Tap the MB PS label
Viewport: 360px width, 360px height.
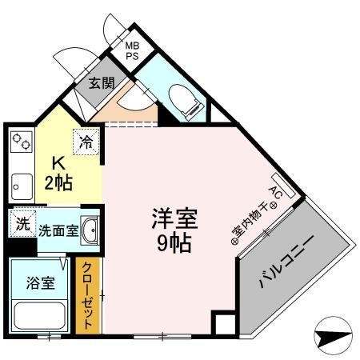[131, 51]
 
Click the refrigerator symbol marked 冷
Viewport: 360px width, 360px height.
[86, 142]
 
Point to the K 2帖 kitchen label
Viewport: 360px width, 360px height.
[57, 171]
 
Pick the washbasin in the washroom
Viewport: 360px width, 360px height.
[90, 230]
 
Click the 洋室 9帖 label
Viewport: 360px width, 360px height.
[174, 230]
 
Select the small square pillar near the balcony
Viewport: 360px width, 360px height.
[224, 325]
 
